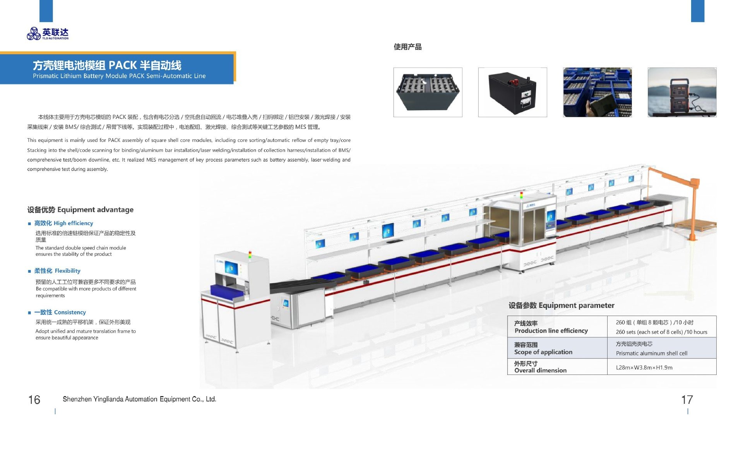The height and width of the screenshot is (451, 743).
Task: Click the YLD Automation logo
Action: tap(47, 34)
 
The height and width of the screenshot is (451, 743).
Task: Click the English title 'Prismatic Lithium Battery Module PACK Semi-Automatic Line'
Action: tap(119, 76)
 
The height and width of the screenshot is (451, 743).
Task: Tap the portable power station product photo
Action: tap(682, 92)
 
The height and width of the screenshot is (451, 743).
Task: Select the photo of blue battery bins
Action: tap(597, 92)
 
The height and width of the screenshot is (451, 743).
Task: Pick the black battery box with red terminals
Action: tap(512, 92)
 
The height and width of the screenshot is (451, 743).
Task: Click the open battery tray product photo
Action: tap(428, 92)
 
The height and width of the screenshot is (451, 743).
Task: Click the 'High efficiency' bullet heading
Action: tap(64, 223)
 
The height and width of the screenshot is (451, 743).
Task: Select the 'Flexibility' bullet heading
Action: tap(57, 271)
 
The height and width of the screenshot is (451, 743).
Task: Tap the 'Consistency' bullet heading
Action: tap(60, 312)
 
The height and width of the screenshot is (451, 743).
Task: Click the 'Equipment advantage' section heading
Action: tap(80, 210)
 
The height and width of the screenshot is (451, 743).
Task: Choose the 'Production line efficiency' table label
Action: tap(551, 331)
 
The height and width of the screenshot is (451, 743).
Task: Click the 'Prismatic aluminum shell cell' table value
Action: tap(651, 353)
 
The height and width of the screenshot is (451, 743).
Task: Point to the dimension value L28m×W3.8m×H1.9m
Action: tap(644, 367)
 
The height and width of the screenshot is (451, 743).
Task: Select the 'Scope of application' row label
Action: tap(543, 352)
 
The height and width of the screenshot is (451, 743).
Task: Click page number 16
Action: tap(34, 400)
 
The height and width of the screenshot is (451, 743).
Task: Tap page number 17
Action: tap(687, 400)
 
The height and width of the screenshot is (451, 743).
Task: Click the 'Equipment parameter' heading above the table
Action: tap(561, 306)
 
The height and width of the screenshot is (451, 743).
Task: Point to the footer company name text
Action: tap(139, 399)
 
